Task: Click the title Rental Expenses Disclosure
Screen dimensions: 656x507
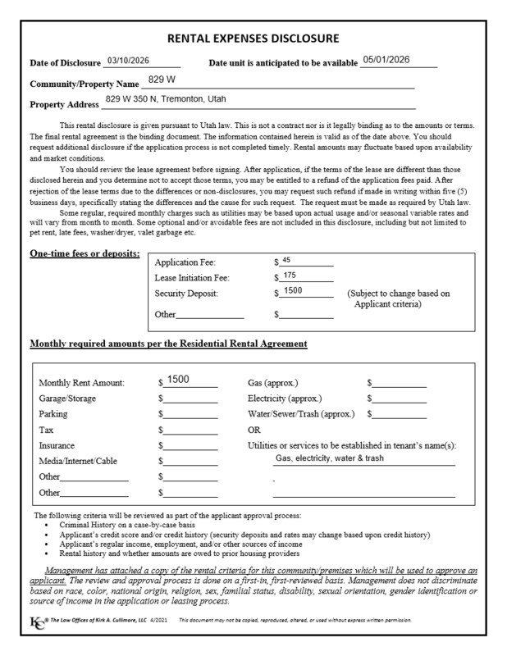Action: coord(253,39)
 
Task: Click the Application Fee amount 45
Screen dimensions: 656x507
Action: coord(286,260)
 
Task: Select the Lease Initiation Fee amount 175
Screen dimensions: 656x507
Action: coord(289,276)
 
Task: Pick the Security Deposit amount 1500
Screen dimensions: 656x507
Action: coord(292,291)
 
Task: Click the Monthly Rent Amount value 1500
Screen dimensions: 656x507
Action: coord(178,380)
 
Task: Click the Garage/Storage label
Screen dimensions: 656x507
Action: coord(67,399)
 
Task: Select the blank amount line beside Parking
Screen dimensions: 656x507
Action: coord(190,415)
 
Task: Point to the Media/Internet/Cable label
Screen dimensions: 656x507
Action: coord(78,461)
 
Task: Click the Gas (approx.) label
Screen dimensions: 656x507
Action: coord(272,383)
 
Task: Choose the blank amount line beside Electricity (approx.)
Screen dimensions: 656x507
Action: coord(398,399)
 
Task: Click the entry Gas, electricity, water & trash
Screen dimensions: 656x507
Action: coord(329,458)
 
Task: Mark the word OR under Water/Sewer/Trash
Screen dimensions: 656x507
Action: coord(254,430)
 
